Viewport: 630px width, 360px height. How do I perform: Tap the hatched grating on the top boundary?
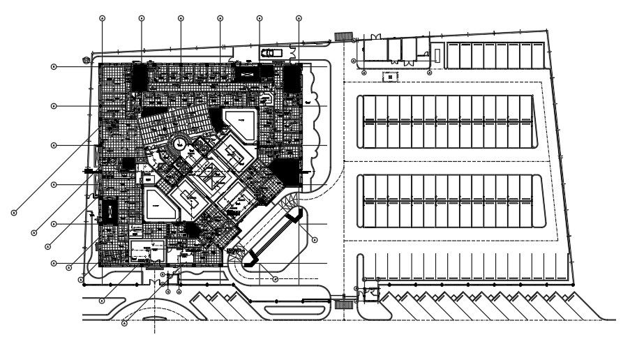[342, 36]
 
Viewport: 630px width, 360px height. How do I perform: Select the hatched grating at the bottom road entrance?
[342, 305]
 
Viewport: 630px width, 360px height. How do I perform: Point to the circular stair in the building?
[179, 145]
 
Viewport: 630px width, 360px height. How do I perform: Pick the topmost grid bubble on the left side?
[53, 67]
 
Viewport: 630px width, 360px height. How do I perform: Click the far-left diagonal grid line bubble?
[13, 211]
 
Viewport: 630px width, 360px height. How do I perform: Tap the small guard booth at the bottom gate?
[369, 294]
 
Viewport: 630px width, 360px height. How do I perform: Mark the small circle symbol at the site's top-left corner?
[87, 59]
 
